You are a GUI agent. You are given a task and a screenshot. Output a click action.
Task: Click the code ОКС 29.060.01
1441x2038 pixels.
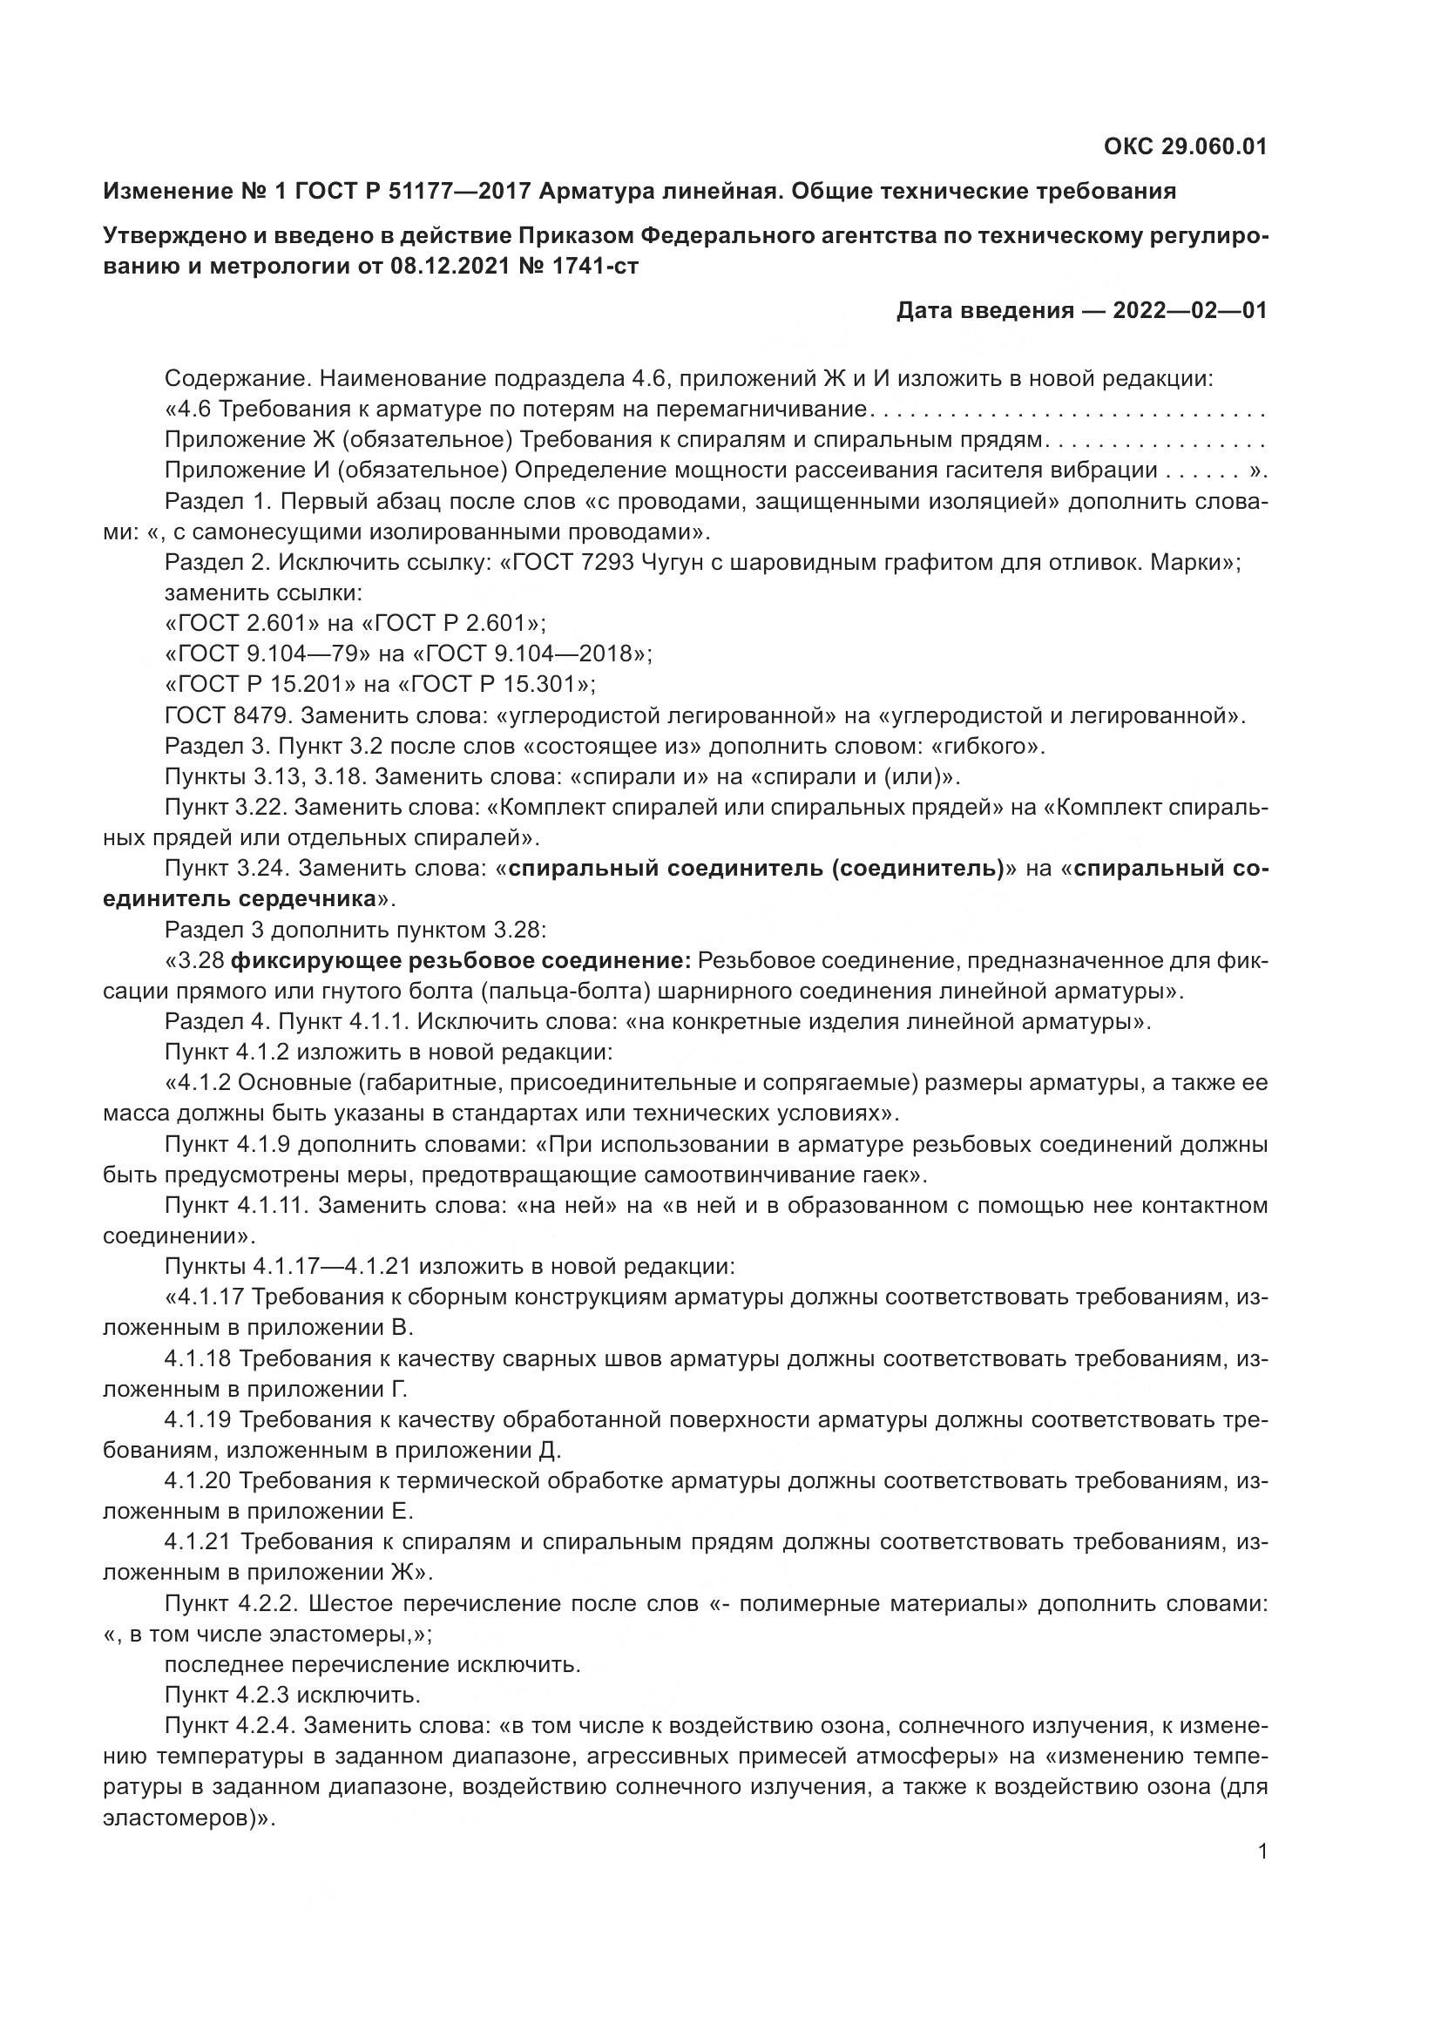click(x=1186, y=147)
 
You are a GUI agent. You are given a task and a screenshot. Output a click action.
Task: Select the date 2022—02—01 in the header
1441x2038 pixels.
click(x=1190, y=311)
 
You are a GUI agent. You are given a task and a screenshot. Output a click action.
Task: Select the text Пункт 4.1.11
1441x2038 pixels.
click(x=236, y=1205)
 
